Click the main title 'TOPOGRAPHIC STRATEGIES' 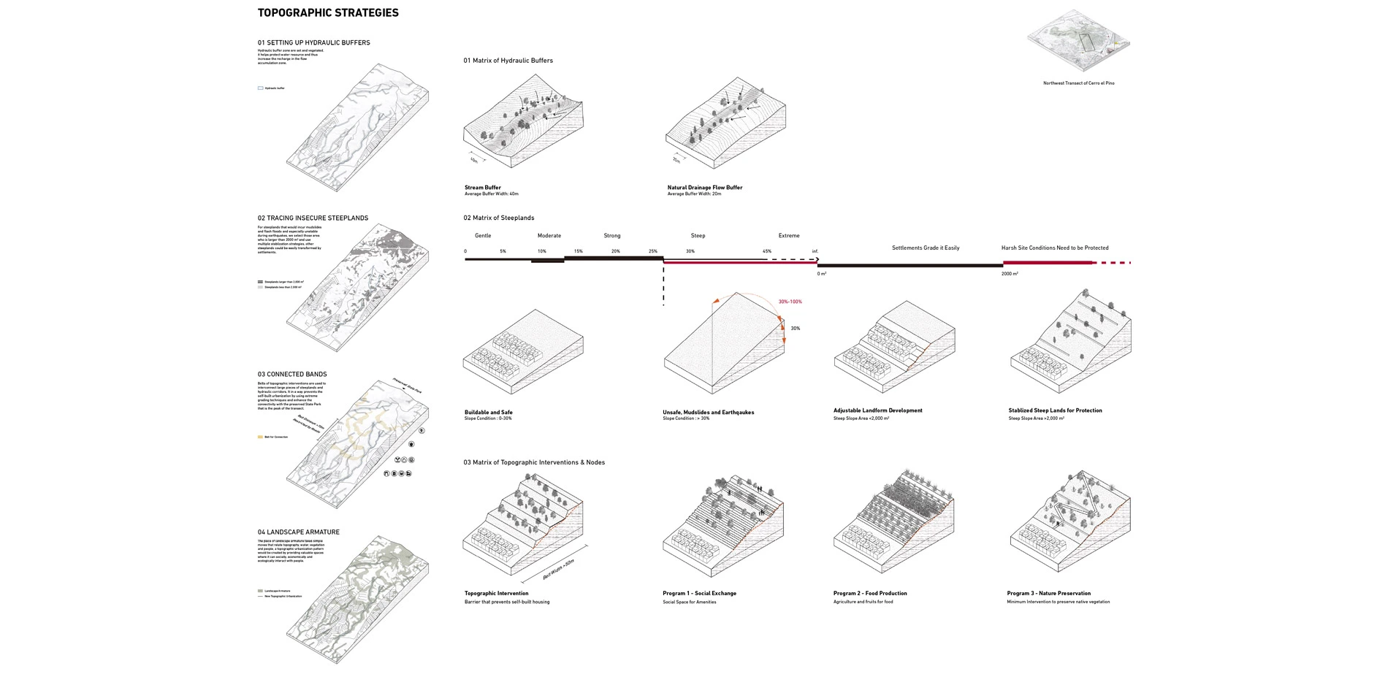click(x=328, y=13)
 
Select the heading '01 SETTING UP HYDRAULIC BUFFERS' click(x=313, y=43)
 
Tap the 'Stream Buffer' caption click(x=483, y=188)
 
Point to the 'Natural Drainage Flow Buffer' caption click(x=704, y=188)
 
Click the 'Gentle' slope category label click(x=483, y=236)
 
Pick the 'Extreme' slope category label click(x=789, y=236)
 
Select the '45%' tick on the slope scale click(x=766, y=251)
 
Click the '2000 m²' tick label click(x=1010, y=274)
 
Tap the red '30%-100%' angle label click(x=790, y=302)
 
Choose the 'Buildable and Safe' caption click(x=488, y=413)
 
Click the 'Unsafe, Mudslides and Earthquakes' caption click(x=708, y=413)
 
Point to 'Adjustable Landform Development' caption click(x=877, y=410)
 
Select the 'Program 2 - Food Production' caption click(x=869, y=594)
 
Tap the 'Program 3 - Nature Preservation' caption click(x=1048, y=594)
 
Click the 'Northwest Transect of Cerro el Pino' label click(x=1078, y=83)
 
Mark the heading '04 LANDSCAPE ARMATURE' click(x=298, y=532)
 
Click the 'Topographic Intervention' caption click(x=496, y=594)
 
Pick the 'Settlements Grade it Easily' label click(x=925, y=248)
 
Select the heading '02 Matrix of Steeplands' click(x=498, y=218)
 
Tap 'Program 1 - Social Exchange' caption click(x=699, y=594)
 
